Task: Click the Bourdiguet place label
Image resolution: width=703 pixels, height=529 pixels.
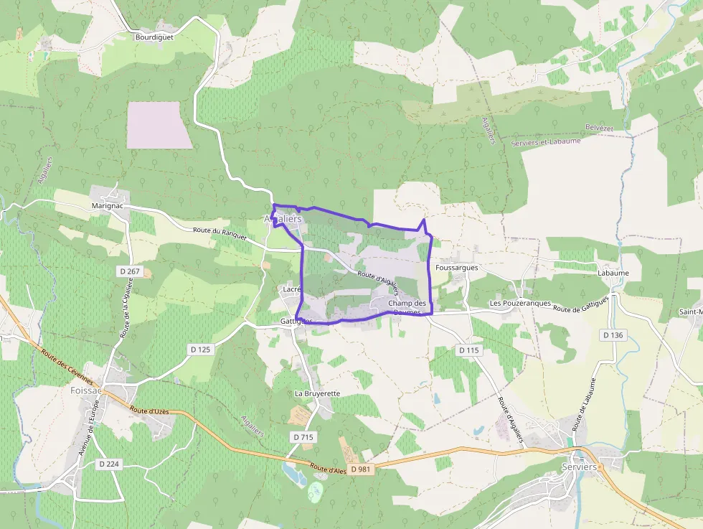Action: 154,37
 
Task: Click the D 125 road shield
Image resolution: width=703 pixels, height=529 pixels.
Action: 202,349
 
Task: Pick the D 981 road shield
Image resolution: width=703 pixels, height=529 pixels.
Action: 360,469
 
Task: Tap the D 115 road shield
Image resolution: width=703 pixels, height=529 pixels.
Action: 468,350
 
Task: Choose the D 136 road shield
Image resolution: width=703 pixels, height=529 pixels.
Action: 613,334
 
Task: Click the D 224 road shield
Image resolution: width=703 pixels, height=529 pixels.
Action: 109,464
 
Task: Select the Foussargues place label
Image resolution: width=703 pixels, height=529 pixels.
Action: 456,267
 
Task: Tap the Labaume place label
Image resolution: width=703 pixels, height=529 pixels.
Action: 613,273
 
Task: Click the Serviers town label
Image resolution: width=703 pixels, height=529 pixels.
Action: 579,467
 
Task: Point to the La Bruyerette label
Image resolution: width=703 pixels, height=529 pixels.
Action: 317,393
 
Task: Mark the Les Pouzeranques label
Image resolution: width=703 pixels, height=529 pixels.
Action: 520,303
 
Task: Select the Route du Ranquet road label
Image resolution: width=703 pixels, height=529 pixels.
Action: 220,233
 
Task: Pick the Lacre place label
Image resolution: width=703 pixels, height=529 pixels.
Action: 291,289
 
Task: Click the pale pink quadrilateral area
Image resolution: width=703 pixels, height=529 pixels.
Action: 159,125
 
